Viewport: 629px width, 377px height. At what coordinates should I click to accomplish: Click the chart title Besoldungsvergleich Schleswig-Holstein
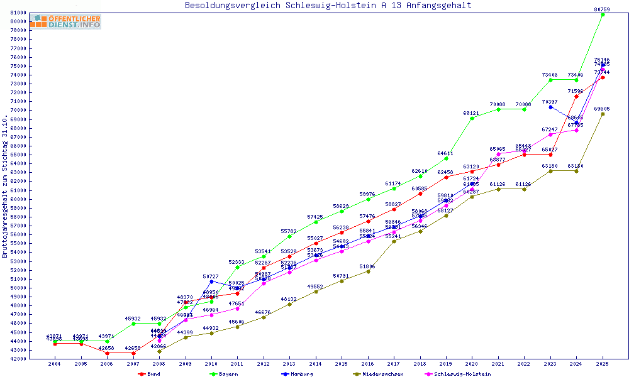pyautogui.click(x=328, y=6)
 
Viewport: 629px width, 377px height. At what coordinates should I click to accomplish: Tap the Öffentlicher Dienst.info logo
pyautogui.click(x=65, y=22)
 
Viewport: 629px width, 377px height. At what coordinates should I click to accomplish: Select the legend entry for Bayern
pyautogui.click(x=223, y=374)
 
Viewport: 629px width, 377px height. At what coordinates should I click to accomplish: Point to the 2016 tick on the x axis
pyautogui.click(x=368, y=364)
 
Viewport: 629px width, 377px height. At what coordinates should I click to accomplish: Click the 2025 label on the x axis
pyautogui.click(x=603, y=364)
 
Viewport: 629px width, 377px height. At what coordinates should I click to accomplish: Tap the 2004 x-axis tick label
pyautogui.click(x=55, y=364)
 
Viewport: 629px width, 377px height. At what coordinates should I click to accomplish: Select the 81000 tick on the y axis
pyautogui.click(x=18, y=13)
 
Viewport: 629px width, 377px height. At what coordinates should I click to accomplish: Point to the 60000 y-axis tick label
pyautogui.click(x=18, y=199)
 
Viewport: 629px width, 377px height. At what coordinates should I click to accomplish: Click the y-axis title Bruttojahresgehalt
pyautogui.click(x=6, y=187)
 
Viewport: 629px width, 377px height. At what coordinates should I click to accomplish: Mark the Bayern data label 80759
pyautogui.click(x=603, y=9)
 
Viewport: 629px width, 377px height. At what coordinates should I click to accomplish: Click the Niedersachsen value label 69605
pyautogui.click(x=603, y=109)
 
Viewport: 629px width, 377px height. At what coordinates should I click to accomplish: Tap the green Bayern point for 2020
pyautogui.click(x=472, y=118)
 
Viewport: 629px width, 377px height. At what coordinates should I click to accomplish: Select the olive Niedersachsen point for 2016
pyautogui.click(x=368, y=271)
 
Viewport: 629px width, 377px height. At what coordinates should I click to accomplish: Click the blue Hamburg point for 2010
pyautogui.click(x=211, y=281)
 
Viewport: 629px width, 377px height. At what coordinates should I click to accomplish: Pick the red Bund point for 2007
pyautogui.click(x=133, y=353)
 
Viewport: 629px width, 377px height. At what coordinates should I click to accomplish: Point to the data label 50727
pyautogui.click(x=211, y=276)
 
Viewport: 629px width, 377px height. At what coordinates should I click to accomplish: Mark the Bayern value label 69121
pyautogui.click(x=472, y=113)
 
